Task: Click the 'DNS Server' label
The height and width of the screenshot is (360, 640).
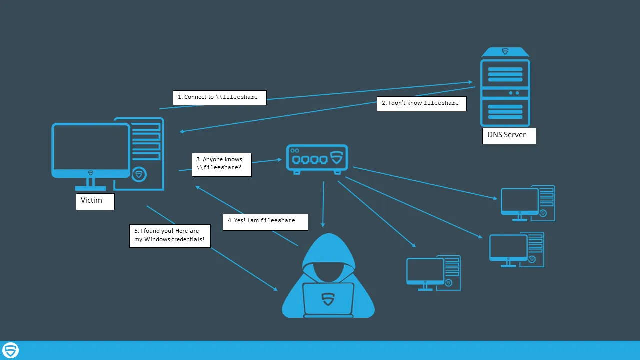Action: pyautogui.click(x=509, y=136)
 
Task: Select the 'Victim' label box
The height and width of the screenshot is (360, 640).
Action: pyautogui.click(x=95, y=201)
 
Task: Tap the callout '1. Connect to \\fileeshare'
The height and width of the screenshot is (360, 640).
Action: pyautogui.click(x=219, y=97)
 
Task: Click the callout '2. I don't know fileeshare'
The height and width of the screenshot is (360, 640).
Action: pyautogui.click(x=421, y=103)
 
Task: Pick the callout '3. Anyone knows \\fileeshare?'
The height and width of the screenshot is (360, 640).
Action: pyautogui.click(x=221, y=164)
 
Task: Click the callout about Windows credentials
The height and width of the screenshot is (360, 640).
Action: pyautogui.click(x=170, y=235)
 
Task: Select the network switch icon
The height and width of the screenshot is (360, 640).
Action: pyautogui.click(x=317, y=159)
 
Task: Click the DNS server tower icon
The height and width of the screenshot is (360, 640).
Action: pyautogui.click(x=505, y=92)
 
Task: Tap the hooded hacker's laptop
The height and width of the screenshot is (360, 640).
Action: pyautogui.click(x=328, y=299)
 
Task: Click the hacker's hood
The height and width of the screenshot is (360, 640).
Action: pyautogui.click(x=328, y=250)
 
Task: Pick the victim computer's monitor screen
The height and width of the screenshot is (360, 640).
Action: pyautogui.click(x=91, y=147)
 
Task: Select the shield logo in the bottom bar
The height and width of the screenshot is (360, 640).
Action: pyautogui.click(x=10, y=350)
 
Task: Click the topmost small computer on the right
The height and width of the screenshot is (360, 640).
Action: pyautogui.click(x=528, y=203)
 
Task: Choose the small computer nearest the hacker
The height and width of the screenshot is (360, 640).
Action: pyautogui.click(x=433, y=273)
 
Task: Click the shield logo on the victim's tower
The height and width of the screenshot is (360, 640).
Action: pyautogui.click(x=139, y=175)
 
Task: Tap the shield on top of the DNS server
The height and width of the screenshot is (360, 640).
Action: pyautogui.click(x=505, y=51)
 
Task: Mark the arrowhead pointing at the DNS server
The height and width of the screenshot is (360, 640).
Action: pyautogui.click(x=470, y=82)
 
